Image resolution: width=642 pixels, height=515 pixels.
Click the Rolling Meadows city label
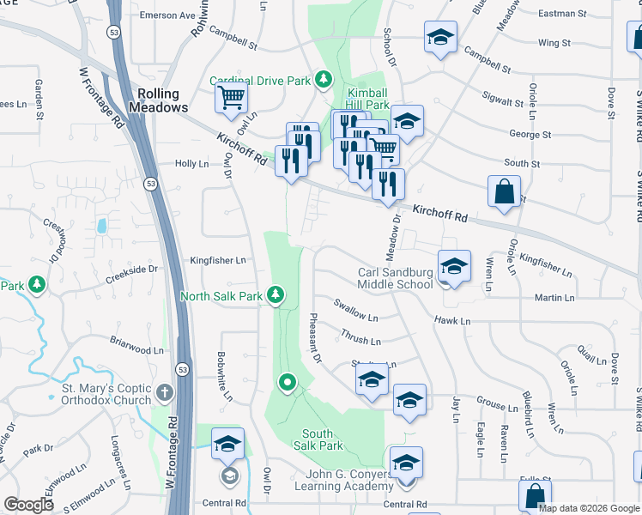[158, 100]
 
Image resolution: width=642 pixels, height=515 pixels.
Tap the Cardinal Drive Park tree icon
[323, 81]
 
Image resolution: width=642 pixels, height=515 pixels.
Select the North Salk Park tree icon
[276, 296]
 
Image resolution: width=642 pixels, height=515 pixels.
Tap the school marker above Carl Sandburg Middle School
[454, 265]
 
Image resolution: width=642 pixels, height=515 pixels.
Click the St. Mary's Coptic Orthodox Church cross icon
[167, 393]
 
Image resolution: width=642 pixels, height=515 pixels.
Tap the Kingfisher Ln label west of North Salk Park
[218, 260]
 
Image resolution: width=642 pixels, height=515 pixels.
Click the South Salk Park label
[323, 439]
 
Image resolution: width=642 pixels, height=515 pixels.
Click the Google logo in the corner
[29, 505]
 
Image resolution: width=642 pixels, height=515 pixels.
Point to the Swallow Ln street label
[355, 315]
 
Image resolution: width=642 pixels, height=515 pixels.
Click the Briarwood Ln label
[136, 350]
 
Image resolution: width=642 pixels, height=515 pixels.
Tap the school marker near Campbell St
[440, 36]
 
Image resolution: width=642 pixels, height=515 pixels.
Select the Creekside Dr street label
[132, 269]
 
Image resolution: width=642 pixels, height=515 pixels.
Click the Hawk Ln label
[453, 321]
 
